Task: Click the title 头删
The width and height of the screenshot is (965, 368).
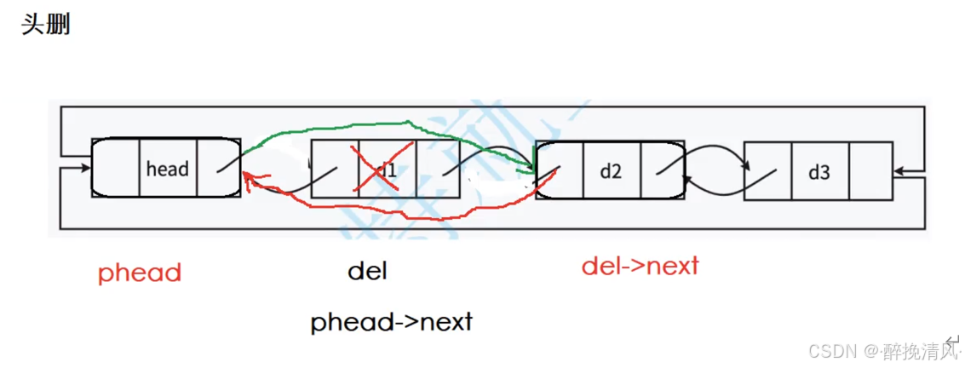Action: click(45, 25)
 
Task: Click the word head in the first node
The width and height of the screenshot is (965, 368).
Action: click(167, 169)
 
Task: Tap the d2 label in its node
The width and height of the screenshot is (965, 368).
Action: click(611, 170)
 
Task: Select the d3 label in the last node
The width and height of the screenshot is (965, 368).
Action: click(819, 172)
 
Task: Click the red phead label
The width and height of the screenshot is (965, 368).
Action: click(140, 273)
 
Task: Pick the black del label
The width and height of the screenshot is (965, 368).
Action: click(367, 272)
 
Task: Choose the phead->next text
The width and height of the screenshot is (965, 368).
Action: click(391, 322)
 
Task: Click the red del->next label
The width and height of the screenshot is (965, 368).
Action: click(640, 266)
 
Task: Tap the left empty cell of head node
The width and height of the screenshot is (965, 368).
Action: click(115, 168)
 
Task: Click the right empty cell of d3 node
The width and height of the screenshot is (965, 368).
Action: click(870, 171)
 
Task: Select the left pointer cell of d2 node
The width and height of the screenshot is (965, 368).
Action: click(560, 170)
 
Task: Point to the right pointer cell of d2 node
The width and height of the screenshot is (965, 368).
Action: click(663, 170)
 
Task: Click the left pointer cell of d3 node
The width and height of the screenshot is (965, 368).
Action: click(767, 171)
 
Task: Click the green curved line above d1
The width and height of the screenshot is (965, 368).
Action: click(383, 128)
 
